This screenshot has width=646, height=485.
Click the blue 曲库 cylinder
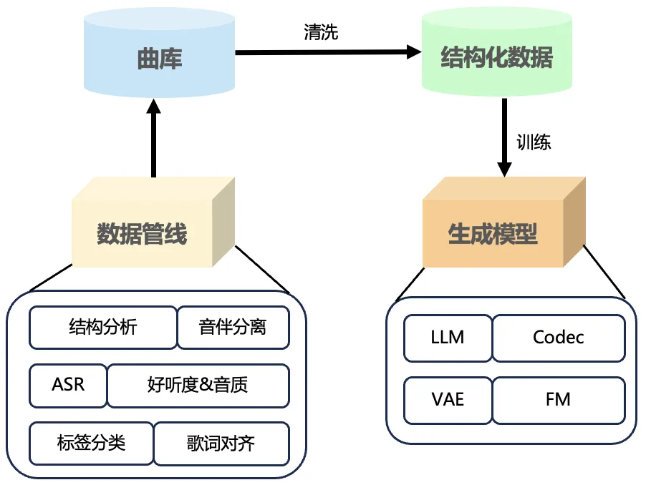pyautogui.click(x=159, y=58)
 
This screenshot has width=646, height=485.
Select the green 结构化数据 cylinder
pyautogui.click(x=497, y=58)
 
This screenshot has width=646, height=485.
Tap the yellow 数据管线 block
pyautogui.click(x=143, y=233)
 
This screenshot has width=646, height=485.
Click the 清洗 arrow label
pyautogui.click(x=321, y=32)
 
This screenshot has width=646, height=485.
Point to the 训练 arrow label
pyautogui.click(x=534, y=142)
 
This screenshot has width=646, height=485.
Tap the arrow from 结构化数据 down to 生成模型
pyautogui.click(x=504, y=137)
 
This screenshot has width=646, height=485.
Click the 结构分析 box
pyautogui.click(x=102, y=328)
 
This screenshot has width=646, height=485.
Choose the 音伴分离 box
pyautogui.click(x=233, y=328)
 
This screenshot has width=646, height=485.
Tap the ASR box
pyautogui.click(x=68, y=385)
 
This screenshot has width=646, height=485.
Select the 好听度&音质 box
pyautogui.click(x=198, y=385)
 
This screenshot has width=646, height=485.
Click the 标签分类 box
pyautogui.click(x=91, y=443)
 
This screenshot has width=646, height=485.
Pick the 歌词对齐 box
pyautogui.click(x=221, y=443)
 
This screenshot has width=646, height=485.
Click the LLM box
pyautogui.click(x=448, y=337)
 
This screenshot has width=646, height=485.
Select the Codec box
pyautogui.click(x=558, y=337)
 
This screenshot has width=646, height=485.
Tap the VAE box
pyautogui.click(x=448, y=399)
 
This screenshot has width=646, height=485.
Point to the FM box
pyautogui.click(x=558, y=399)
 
